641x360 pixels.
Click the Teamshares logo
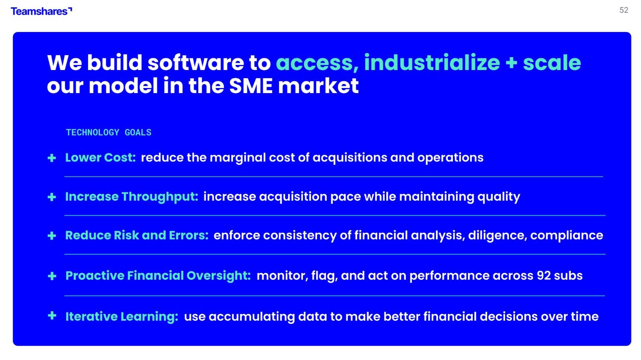41,11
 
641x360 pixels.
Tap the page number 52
624,10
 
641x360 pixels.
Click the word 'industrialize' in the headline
432,63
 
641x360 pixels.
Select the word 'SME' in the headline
251,86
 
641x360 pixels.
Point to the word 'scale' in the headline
552,63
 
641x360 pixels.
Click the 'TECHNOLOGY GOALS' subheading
109,132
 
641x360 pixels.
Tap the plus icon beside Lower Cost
52,158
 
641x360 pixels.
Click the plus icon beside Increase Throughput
52,197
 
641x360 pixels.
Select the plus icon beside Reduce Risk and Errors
52,236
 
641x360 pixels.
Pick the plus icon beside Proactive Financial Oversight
52,276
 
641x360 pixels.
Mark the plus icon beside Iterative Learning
52,316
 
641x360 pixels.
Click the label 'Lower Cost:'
100,158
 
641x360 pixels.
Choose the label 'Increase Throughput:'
132,197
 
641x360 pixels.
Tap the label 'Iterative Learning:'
122,316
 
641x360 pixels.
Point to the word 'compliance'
567,236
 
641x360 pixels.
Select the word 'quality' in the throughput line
499,197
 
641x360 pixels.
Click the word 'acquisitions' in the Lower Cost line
350,158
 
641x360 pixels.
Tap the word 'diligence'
498,236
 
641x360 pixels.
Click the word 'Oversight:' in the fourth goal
219,276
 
